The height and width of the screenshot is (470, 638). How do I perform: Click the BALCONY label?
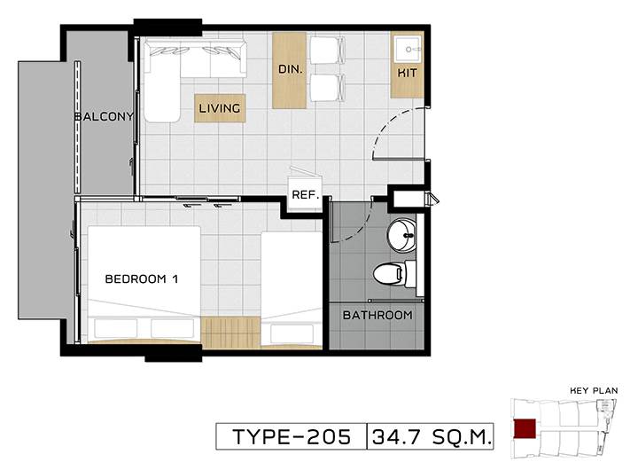tap(105, 116)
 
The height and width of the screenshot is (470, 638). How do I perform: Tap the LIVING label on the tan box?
tap(220, 108)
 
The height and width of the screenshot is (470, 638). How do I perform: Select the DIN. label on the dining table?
tap(290, 69)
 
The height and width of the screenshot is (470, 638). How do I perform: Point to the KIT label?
tap(407, 73)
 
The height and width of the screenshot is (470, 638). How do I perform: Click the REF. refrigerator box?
tap(305, 194)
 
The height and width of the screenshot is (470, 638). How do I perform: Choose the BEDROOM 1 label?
tap(142, 279)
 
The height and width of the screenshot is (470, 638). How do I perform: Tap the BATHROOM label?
tap(377, 315)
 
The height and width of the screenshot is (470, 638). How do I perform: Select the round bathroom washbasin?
tap(402, 235)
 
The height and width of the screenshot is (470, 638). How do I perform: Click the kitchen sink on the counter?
tap(408, 50)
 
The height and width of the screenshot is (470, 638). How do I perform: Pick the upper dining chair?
tap(328, 51)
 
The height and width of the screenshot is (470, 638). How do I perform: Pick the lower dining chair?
tap(328, 88)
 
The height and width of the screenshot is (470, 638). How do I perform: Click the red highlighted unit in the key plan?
tap(525, 428)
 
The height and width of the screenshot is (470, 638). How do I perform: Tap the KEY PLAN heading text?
tap(594, 390)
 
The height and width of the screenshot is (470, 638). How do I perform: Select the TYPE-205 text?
tap(292, 437)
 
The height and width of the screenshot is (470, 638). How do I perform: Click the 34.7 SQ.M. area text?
tap(431, 437)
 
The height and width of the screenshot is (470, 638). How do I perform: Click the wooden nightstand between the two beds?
tap(230, 333)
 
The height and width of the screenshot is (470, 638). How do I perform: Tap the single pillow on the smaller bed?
tap(292, 333)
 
